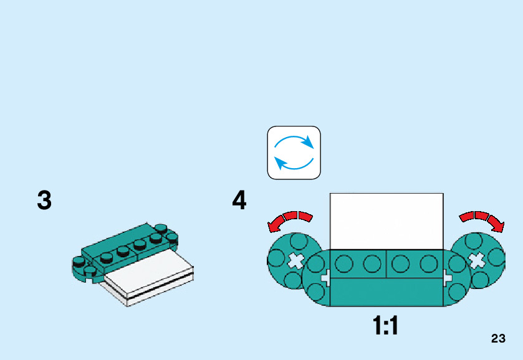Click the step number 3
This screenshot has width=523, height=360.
coord(44,201)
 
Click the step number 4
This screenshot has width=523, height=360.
coord(239,201)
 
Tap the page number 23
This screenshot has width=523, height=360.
coord(498,339)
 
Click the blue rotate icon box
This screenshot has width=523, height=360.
coord(294,153)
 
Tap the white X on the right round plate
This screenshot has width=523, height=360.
coord(477,260)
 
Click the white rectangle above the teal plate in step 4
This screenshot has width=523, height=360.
coord(386,221)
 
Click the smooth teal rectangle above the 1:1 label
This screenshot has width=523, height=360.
coord(386,292)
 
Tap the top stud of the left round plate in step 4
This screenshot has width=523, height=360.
coord(298,242)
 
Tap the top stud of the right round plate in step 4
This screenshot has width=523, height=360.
coord(474,242)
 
